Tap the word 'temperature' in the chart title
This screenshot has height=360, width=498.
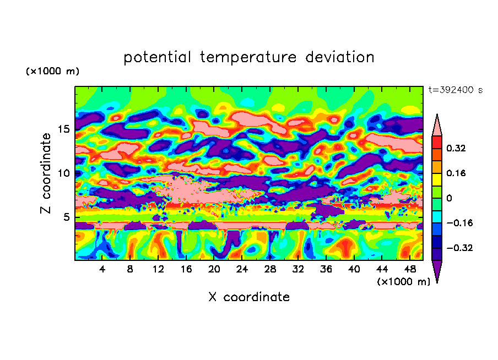click(248, 57)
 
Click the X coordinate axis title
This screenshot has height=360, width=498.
click(249, 297)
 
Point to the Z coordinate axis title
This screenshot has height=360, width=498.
click(46, 174)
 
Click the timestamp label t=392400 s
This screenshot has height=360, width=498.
click(455, 90)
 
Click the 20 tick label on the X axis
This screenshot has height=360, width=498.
click(214, 270)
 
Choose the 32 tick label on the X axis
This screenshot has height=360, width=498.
click(298, 270)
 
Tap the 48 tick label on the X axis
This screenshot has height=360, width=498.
click(409, 270)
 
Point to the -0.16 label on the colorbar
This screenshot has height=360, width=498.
click(458, 223)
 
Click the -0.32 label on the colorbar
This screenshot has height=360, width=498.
click(458, 248)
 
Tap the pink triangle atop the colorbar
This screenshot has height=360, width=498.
click(437, 126)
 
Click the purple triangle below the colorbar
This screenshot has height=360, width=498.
click(437, 271)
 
